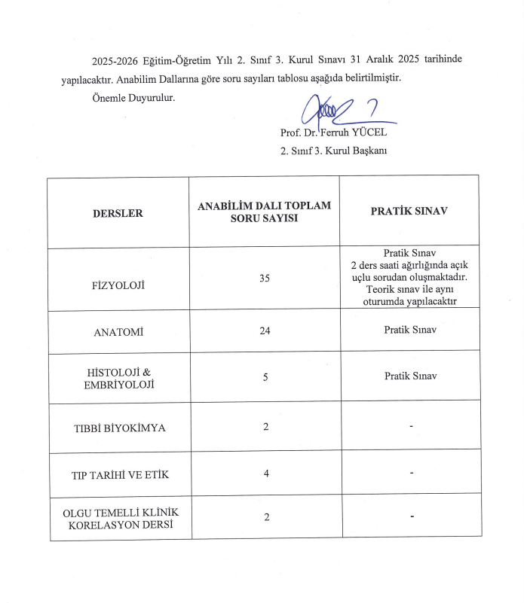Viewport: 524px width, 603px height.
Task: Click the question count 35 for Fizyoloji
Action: (x=264, y=279)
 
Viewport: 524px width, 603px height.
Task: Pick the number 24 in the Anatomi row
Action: (x=264, y=330)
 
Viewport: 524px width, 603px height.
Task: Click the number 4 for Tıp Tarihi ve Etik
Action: (x=265, y=474)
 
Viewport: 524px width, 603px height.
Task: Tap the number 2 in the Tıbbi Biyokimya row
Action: (x=265, y=427)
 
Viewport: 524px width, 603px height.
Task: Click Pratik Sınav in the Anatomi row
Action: (x=409, y=330)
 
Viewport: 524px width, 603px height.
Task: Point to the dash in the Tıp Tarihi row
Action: (x=410, y=474)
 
